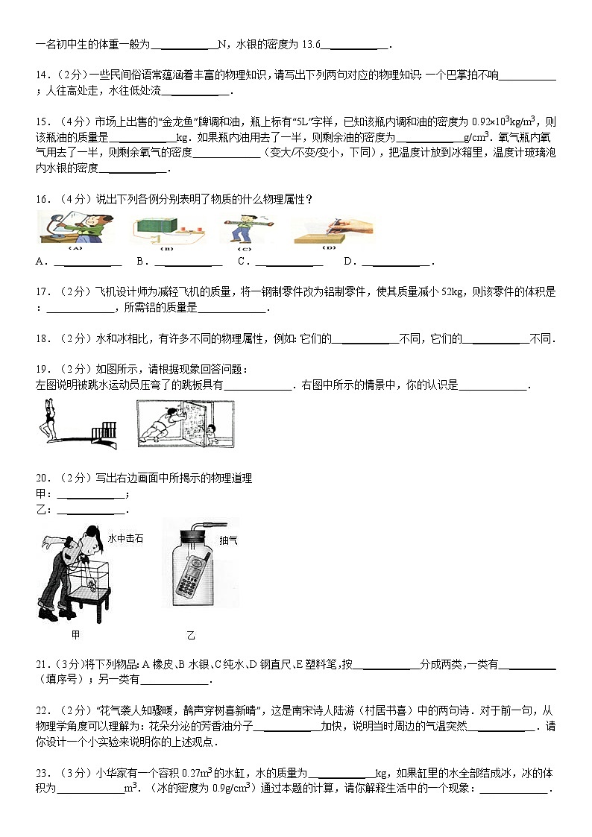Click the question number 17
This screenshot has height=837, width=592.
(42, 292)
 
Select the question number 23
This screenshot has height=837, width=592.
(42, 773)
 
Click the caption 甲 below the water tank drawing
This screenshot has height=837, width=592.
(75, 635)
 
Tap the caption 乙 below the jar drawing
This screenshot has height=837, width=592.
(191, 635)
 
